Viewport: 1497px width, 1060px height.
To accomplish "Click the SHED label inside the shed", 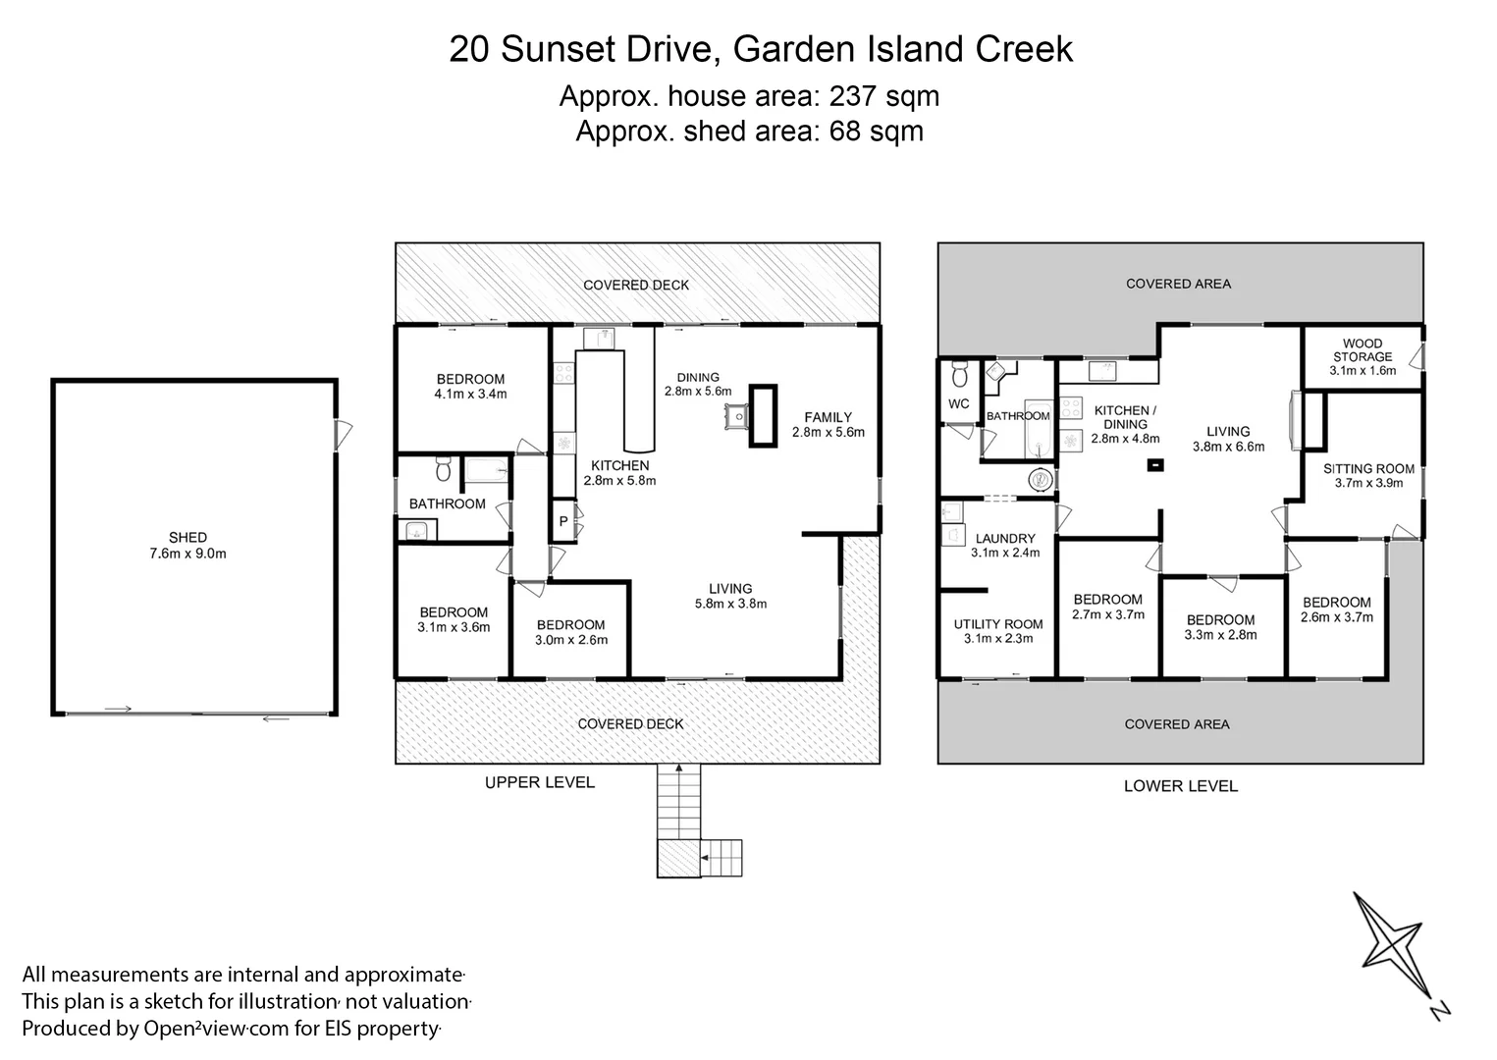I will point(187,537).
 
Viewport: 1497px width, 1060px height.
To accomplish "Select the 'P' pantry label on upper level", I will point(563,521).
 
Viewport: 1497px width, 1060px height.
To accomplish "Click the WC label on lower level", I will point(958,403).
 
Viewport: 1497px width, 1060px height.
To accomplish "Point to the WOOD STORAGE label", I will point(1362,350).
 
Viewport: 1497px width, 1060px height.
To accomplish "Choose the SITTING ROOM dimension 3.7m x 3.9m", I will point(1368,483).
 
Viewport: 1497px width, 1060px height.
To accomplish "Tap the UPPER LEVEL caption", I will point(539,782).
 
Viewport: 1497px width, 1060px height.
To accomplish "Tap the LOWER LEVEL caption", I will point(1180,785).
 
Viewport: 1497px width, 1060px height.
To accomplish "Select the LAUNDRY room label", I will point(1005,538).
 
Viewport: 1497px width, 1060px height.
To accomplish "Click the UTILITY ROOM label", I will point(998,624).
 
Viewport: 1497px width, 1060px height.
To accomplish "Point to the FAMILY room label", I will point(828,417).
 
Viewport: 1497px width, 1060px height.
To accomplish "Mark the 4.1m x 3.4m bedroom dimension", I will point(470,395).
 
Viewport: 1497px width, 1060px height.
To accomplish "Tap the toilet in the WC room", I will point(959,374).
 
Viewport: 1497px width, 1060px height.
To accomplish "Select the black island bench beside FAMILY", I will point(763,416).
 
